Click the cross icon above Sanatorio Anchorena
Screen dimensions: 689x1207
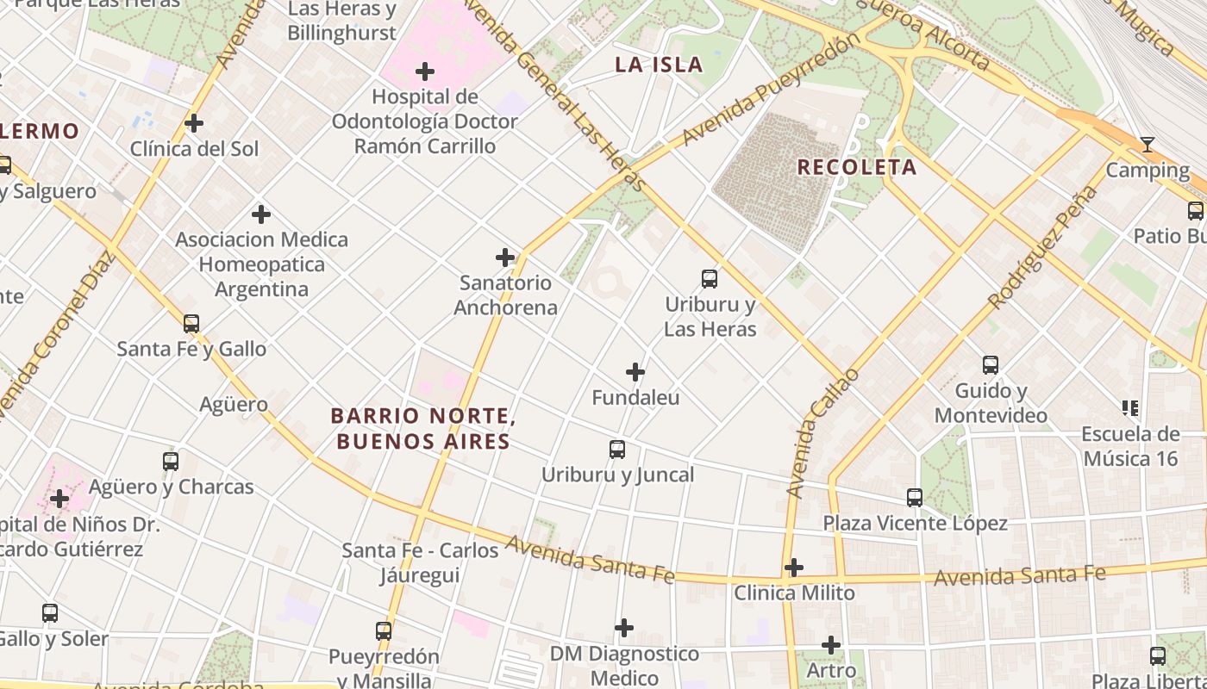coord(505,257)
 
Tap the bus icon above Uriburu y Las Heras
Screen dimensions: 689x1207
coord(710,278)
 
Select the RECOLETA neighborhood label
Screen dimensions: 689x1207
coord(856,167)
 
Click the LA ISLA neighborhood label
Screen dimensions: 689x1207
coord(659,65)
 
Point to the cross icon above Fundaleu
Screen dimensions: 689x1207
coord(635,372)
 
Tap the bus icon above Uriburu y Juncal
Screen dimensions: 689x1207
coord(617,449)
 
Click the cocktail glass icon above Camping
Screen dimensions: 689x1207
coord(1147,144)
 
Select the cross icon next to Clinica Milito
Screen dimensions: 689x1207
coord(794,568)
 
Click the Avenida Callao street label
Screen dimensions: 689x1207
coord(822,433)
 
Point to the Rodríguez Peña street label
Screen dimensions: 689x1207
coord(1043,247)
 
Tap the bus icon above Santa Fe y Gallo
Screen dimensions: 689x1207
coord(191,324)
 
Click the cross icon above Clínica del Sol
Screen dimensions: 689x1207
coord(194,123)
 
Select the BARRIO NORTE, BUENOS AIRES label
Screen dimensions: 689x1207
coord(423,429)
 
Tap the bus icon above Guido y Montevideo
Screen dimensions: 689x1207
coord(991,364)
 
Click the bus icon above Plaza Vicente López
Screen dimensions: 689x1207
coord(915,497)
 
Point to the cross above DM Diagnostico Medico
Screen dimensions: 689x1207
coord(624,628)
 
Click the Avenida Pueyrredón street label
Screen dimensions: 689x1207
coord(770,90)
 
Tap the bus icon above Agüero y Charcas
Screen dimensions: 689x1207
coord(171,461)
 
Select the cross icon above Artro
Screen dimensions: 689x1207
coord(831,644)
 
